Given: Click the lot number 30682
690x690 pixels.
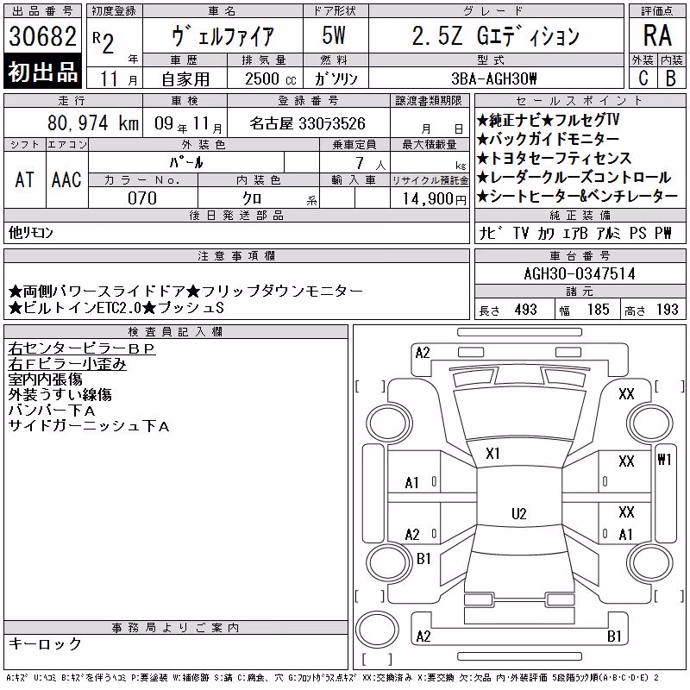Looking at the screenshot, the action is [42, 36].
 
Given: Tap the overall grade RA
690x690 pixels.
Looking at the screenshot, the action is [657, 35].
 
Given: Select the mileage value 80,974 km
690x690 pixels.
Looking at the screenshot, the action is [93, 123].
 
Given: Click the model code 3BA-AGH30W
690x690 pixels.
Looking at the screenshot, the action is [494, 78].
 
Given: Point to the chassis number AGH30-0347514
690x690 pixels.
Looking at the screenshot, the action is [580, 273].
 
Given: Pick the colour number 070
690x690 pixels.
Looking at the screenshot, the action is [142, 198].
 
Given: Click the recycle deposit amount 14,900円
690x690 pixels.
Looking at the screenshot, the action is [435, 199].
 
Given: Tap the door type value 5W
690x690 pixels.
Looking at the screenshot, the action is [334, 35].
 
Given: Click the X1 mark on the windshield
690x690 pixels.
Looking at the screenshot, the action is [492, 454].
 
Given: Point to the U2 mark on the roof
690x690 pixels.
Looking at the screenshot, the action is [519, 513].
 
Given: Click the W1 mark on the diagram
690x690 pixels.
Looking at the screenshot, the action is [664, 460].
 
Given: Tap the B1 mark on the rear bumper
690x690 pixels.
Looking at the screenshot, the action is [614, 636].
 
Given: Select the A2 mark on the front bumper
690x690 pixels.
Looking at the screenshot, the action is [423, 353].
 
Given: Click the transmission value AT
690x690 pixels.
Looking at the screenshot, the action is [25, 179].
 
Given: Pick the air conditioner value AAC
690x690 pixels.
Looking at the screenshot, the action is [66, 179].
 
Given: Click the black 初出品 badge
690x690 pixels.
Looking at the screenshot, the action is [42, 72].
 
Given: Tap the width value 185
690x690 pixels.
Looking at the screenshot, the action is [599, 310].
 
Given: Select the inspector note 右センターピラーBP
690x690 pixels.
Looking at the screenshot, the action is [82, 348].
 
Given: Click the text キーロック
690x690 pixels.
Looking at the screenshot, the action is [46, 643].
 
